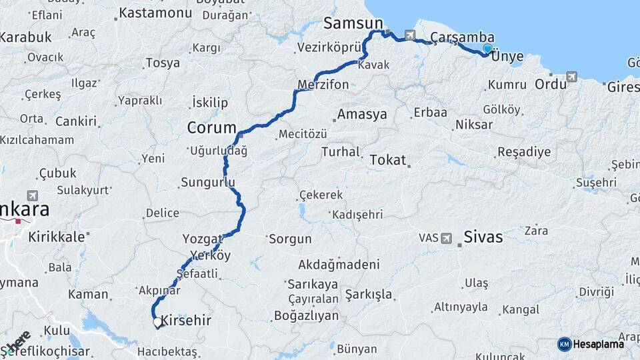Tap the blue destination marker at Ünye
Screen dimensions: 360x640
tap(487, 49)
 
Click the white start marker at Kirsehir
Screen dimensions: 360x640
tap(157, 322)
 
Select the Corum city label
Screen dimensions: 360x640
tap(211, 128)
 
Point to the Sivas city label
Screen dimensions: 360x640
tap(483, 237)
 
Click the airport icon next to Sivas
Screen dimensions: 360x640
tap(447, 237)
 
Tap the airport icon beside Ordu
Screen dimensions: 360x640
tap(571, 77)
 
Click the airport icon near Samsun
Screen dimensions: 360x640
tap(409, 35)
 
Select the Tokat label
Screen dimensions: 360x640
tap(387, 160)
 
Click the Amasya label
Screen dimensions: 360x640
tap(362, 115)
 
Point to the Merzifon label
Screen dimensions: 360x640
tap(323, 85)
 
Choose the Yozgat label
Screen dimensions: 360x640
tap(203, 239)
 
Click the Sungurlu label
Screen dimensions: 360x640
tap(208, 182)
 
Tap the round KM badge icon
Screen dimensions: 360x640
tap(564, 344)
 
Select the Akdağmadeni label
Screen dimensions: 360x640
tap(339, 264)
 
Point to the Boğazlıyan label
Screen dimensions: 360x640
tap(304, 316)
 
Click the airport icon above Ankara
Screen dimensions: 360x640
tap(32, 195)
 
